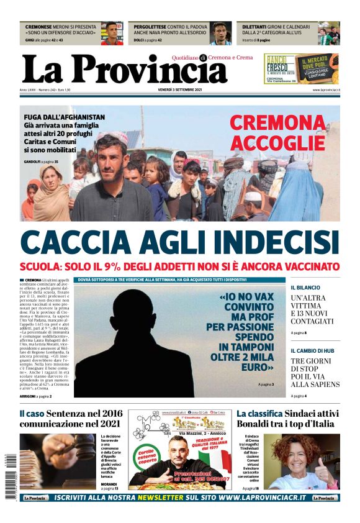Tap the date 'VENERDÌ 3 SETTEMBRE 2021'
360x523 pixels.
click(x=180, y=89)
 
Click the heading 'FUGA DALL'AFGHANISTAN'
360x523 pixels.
click(x=64, y=117)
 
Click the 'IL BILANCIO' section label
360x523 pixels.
click(x=305, y=288)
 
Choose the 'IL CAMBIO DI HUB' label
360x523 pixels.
click(x=313, y=351)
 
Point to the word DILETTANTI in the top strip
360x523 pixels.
click(x=254, y=28)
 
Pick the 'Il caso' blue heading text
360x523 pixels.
click(x=31, y=414)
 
